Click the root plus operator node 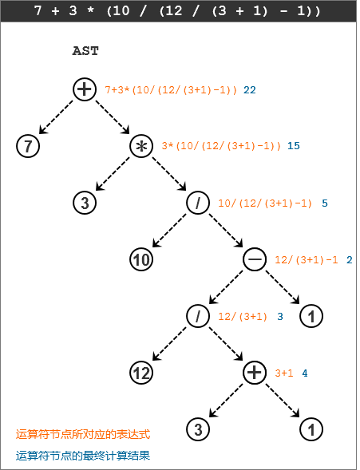(85, 89)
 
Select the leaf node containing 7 (28, 146)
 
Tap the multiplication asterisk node (141, 146)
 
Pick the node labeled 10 (141, 259)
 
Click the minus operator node (255, 259)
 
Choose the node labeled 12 (141, 373)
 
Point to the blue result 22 (249, 90)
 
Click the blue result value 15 (294, 146)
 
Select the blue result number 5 (325, 203)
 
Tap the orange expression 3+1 (284, 373)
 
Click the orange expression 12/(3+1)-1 (307, 259)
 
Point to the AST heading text (85, 51)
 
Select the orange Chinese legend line (83, 434)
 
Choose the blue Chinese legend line (83, 456)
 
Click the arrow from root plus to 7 (56, 117)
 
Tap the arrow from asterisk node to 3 (113, 174)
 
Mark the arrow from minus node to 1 (283, 287)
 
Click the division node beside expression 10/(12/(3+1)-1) (198, 203)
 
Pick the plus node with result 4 (255, 373)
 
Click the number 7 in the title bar (38, 11)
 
